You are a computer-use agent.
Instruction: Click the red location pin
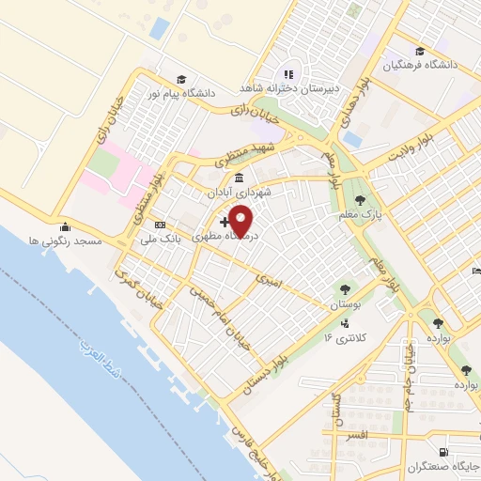[x=241, y=221]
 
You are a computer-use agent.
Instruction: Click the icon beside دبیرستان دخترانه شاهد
[x=289, y=73]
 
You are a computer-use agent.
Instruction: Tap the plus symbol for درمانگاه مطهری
[x=223, y=222]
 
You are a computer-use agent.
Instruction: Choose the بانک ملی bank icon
[x=160, y=225]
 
